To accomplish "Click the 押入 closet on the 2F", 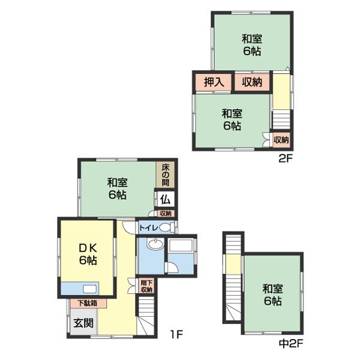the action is tap(214, 82).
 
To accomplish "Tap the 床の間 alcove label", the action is tap(166, 175).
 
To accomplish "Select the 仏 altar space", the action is tap(165, 199).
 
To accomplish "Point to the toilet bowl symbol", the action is tap(166, 228).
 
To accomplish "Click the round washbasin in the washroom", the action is tap(155, 244).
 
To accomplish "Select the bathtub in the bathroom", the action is tap(181, 245).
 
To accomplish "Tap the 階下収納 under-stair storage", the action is tap(146, 286).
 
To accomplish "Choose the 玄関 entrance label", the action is tap(83, 323).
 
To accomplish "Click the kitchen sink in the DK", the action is tap(90, 289).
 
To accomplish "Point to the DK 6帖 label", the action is tap(88, 254).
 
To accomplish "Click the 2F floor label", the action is tap(286, 158).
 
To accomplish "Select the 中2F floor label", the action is tap(291, 343).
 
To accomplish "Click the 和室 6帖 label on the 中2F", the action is tap(272, 295).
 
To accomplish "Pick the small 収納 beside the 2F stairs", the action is tap(281, 140).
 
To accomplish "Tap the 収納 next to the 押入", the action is tap(252, 82).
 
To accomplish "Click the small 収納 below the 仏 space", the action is tap(166, 214).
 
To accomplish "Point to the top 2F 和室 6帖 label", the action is tap(252, 45).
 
